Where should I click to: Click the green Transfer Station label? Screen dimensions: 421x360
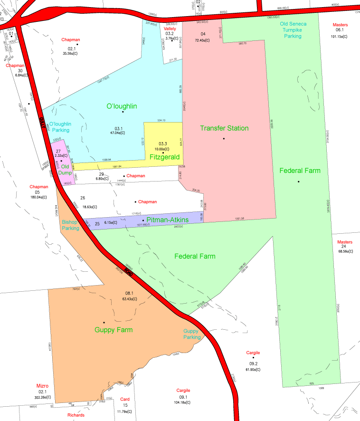tap(224, 128)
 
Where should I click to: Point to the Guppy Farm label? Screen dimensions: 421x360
tap(114, 329)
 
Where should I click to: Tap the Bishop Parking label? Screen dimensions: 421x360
tap(71, 225)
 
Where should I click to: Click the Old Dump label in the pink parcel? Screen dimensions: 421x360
tap(65, 170)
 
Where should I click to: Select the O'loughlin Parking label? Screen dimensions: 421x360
tap(60, 127)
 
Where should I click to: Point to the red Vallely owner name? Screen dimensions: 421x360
tap(170, 29)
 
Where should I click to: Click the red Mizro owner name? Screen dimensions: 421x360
tap(43, 386)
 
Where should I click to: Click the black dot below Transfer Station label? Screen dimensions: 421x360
tap(223, 139)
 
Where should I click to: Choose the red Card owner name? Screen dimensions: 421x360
tap(124, 399)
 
